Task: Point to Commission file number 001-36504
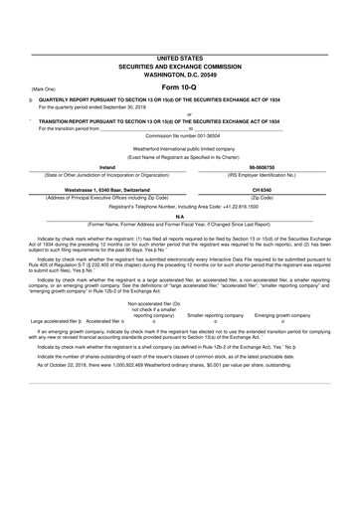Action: click(179, 134)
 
